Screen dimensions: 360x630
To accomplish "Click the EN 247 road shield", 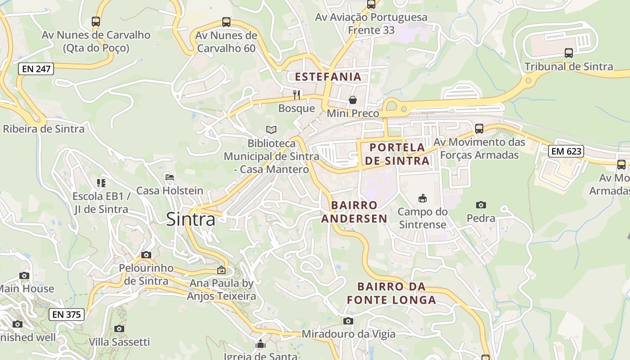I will pyautogui.click(x=36, y=69).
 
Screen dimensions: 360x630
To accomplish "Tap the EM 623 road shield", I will pyautogui.click(x=566, y=151).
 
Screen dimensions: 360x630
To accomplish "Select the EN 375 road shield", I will pyautogui.click(x=66, y=315).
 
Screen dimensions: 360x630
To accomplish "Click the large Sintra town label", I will pyautogui.click(x=191, y=219).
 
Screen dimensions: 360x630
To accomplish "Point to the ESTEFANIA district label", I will pyautogui.click(x=328, y=76).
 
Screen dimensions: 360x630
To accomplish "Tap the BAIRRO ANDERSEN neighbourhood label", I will pyautogui.click(x=359, y=212).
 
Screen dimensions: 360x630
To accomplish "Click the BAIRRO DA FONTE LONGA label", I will pyautogui.click(x=391, y=293).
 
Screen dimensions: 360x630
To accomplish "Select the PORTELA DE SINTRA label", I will pyautogui.click(x=397, y=154).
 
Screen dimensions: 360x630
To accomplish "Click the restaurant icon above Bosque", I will pyautogui.click(x=297, y=94).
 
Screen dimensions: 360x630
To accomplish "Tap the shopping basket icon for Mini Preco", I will pyautogui.click(x=353, y=100).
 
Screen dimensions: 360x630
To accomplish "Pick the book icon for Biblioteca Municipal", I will pyautogui.click(x=271, y=130).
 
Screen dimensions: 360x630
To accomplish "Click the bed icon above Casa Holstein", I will pyautogui.click(x=170, y=177).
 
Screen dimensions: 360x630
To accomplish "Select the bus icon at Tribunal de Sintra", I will pyautogui.click(x=569, y=53).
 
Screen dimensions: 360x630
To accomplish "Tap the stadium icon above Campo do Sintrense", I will pyautogui.click(x=422, y=198).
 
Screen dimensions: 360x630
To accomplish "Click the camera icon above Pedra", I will pyautogui.click(x=481, y=205).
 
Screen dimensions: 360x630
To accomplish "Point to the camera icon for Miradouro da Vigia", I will pyautogui.click(x=348, y=321).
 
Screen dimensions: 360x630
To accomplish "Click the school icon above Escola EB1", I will pyautogui.click(x=101, y=183).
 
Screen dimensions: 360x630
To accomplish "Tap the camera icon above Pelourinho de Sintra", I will pyautogui.click(x=146, y=255).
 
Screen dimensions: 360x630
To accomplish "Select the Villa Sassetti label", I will pyautogui.click(x=119, y=342).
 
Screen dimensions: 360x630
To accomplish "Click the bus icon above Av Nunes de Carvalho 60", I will pyautogui.click(x=226, y=22).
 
